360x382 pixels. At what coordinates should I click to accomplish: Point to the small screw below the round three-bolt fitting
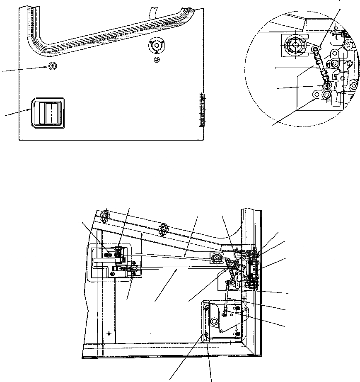click(x=157, y=61)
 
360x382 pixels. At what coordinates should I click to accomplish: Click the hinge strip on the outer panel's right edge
click(x=202, y=109)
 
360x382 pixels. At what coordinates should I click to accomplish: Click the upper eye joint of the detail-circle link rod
click(x=317, y=50)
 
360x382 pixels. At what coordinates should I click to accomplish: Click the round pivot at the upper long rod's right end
click(x=216, y=259)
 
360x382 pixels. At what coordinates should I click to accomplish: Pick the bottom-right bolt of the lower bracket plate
click(x=237, y=332)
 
